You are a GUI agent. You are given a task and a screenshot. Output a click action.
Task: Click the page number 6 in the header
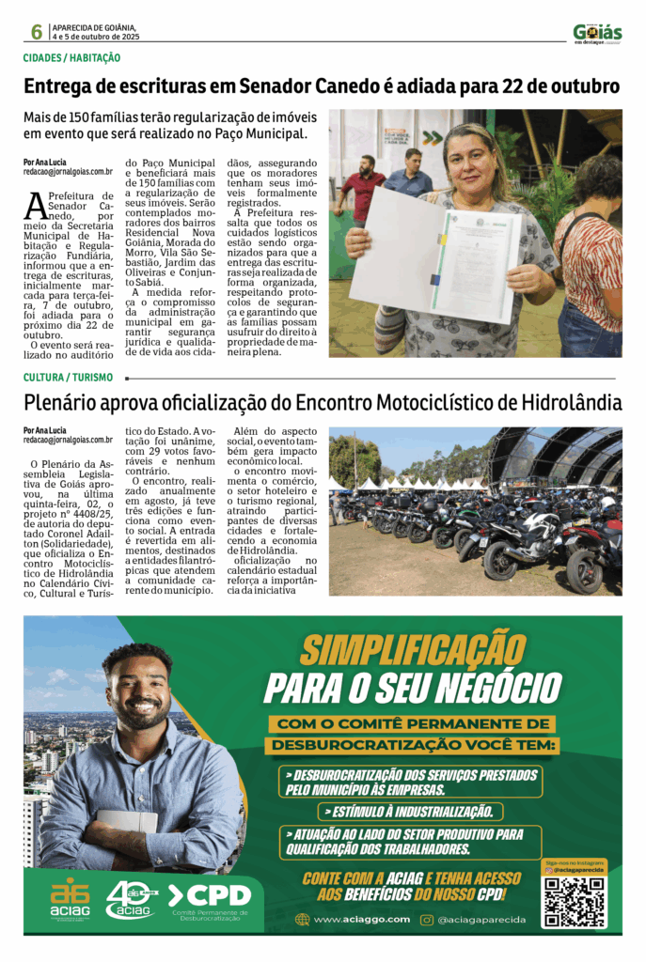36,32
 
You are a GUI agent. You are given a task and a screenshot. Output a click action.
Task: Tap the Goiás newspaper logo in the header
597,33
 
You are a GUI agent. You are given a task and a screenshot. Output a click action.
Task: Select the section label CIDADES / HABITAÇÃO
72,58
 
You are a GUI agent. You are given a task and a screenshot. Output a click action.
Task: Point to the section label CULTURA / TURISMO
67,377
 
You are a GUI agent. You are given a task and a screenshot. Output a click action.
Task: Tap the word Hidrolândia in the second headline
565,404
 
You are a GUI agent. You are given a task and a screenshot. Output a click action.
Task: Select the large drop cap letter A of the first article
35,204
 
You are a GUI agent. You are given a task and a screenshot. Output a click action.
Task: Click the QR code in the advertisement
575,901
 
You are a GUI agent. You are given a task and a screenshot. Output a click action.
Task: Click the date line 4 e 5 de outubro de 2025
95,37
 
